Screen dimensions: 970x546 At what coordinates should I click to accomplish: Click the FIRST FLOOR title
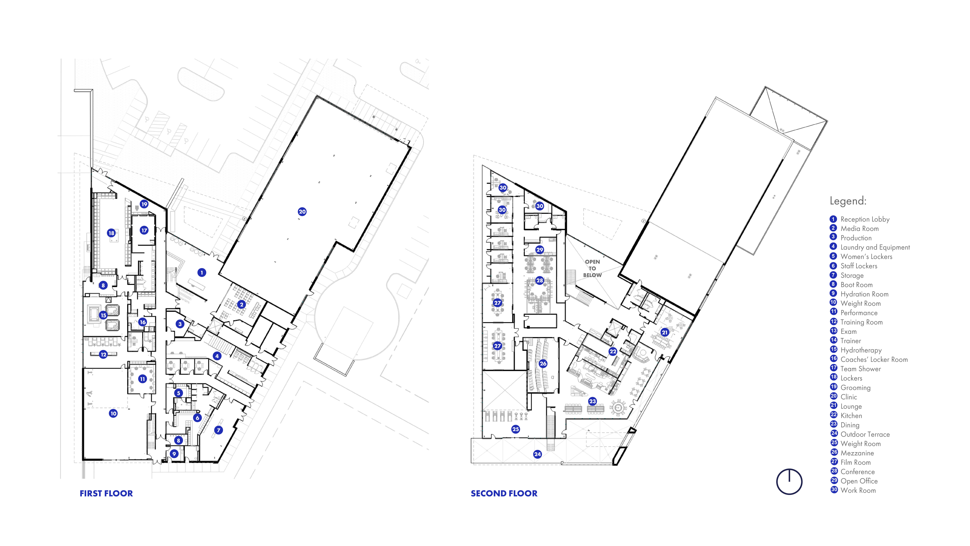tap(106, 493)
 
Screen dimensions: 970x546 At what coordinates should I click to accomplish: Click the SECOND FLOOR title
tap(504, 493)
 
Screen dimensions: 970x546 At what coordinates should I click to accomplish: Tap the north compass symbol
tap(789, 482)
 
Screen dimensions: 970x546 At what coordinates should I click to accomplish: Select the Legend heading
tap(848, 201)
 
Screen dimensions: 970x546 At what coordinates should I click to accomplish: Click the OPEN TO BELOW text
tap(592, 268)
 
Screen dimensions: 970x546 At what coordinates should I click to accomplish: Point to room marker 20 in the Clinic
tap(302, 212)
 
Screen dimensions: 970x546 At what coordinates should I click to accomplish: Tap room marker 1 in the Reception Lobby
tap(202, 272)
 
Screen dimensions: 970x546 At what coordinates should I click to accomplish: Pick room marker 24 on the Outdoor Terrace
tap(537, 454)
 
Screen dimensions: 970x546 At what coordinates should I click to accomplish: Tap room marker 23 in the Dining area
tap(592, 401)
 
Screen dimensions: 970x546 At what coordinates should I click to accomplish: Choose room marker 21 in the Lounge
tap(665, 332)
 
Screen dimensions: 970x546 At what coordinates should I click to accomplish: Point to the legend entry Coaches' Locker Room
tap(874, 360)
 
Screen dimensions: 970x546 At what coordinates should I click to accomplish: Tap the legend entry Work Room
tap(858, 490)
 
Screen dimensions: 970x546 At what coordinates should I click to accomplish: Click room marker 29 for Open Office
tap(540, 249)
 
